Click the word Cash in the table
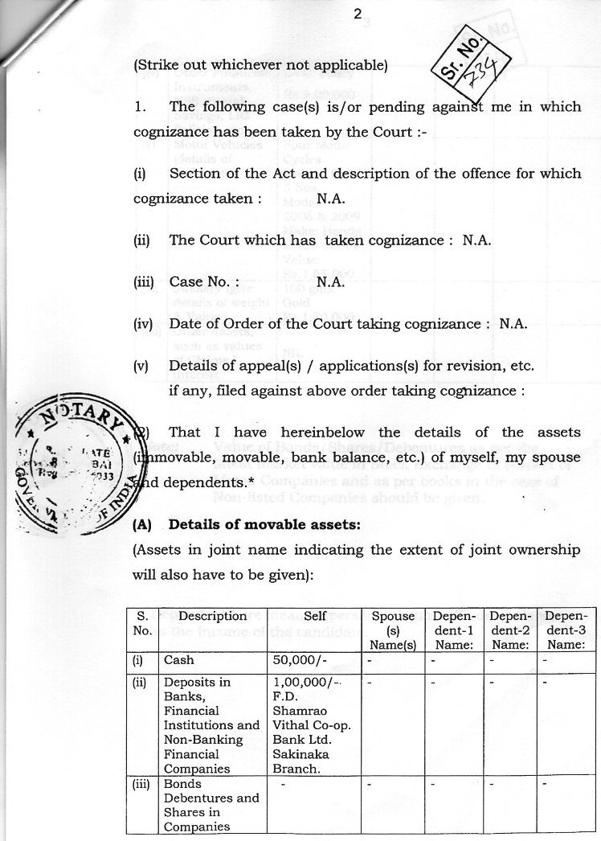178,660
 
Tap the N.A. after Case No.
331,282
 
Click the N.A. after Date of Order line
513,325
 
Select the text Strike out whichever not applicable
260,64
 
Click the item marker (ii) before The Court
141,240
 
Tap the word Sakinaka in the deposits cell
300,754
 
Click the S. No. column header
141,623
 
